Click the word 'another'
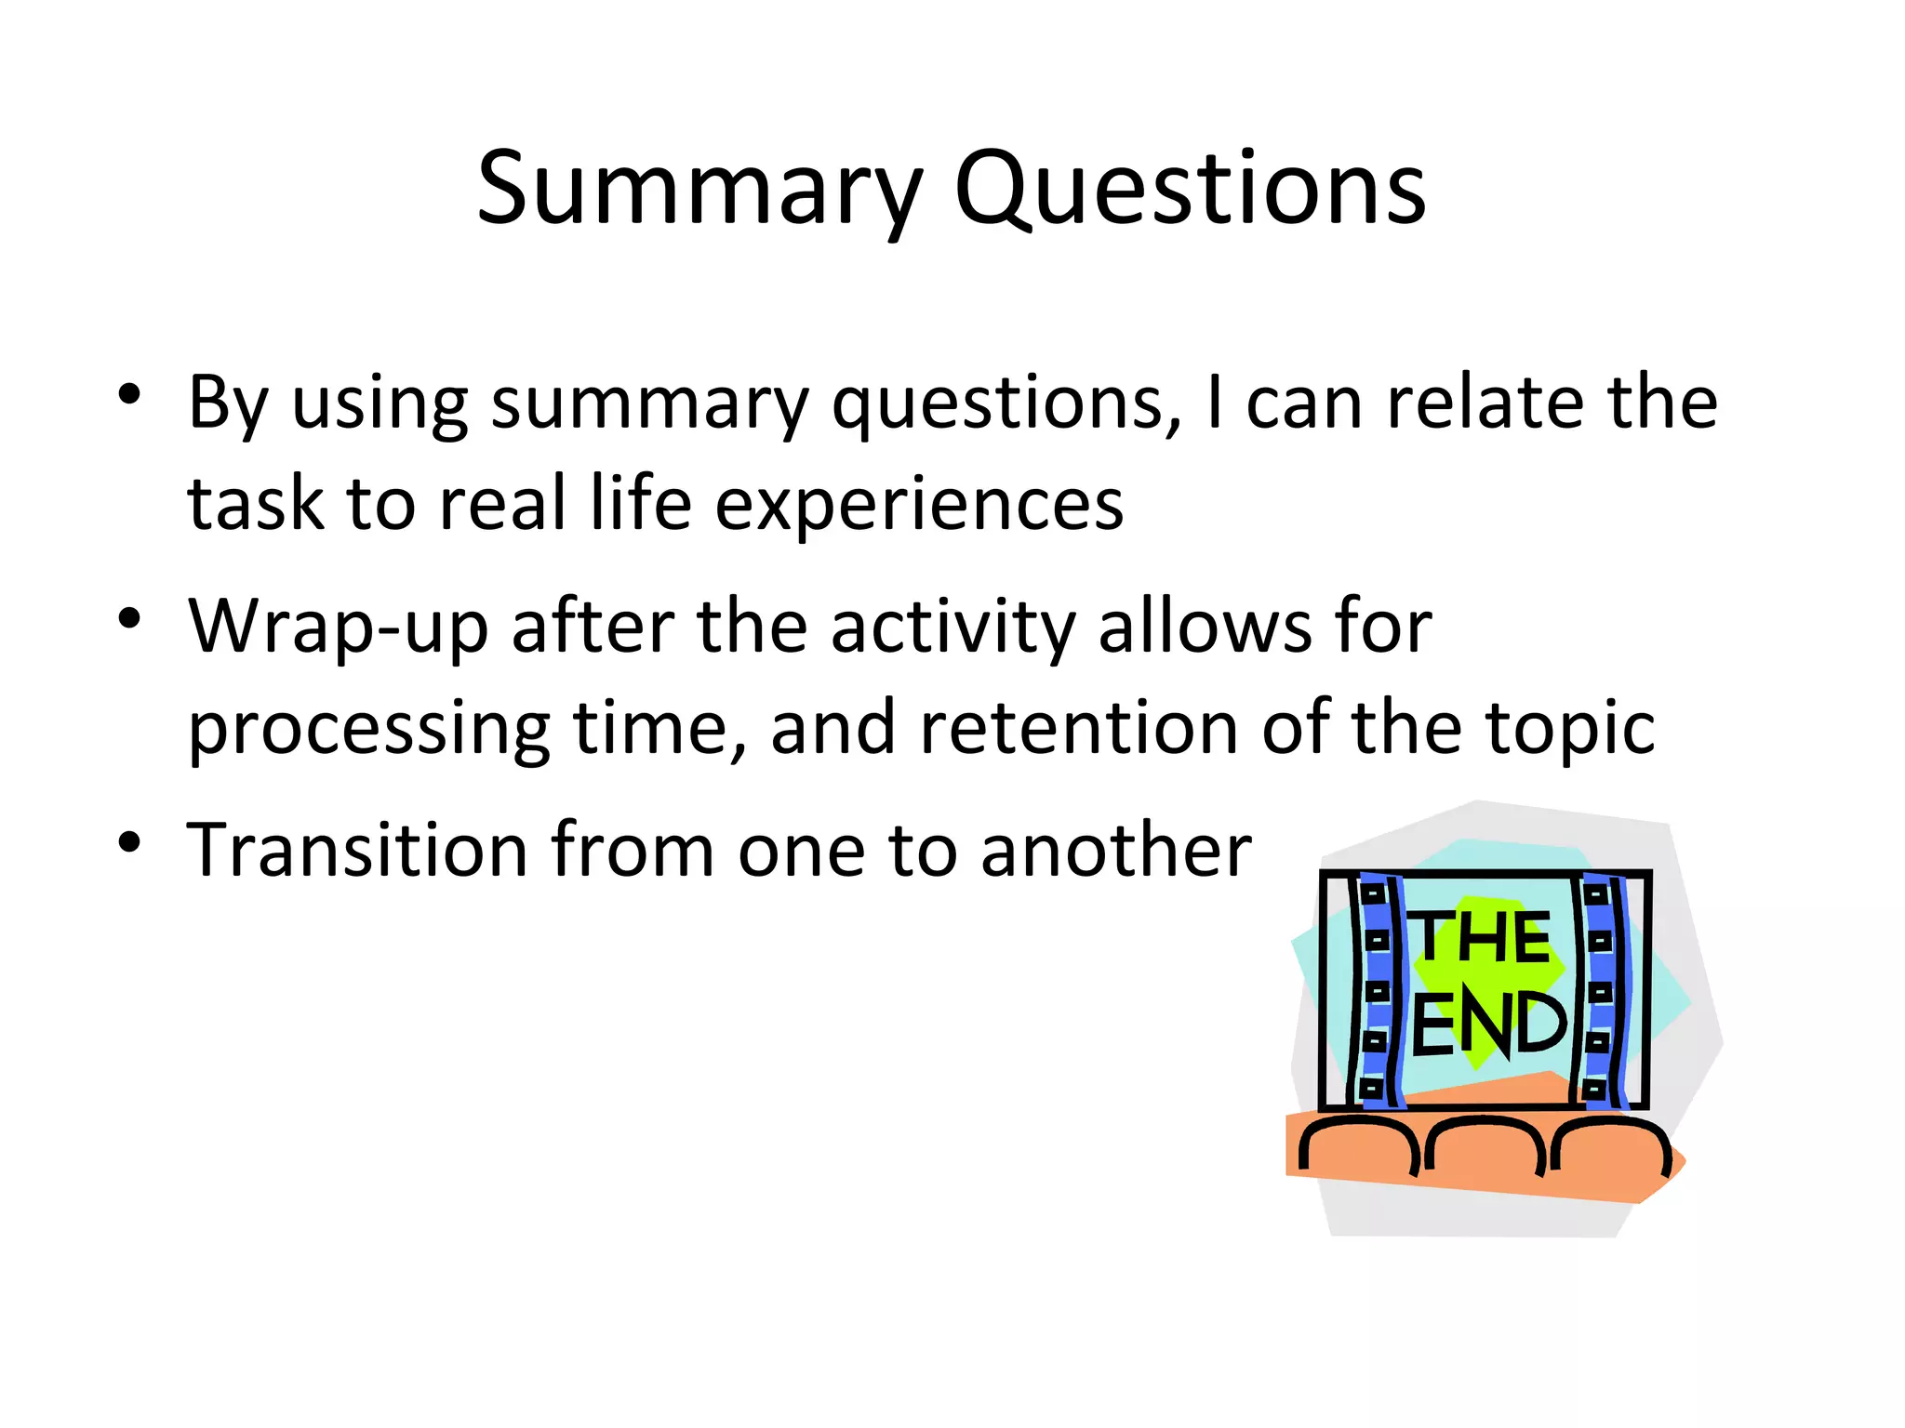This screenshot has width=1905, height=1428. click(x=1116, y=850)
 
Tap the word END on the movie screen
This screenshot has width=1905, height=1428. click(x=1488, y=1024)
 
